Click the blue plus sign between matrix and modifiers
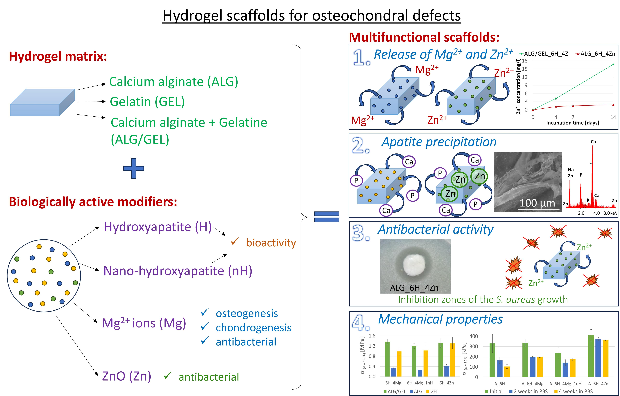click(134, 168)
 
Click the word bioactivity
click(271, 243)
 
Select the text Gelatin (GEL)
click(147, 102)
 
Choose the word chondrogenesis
click(253, 328)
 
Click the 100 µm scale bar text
click(537, 203)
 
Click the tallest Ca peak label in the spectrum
click(593, 142)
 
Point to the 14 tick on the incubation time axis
click(613, 117)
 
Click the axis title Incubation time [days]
click(573, 123)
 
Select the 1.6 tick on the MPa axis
click(372, 336)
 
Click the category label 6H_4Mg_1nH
click(420, 383)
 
